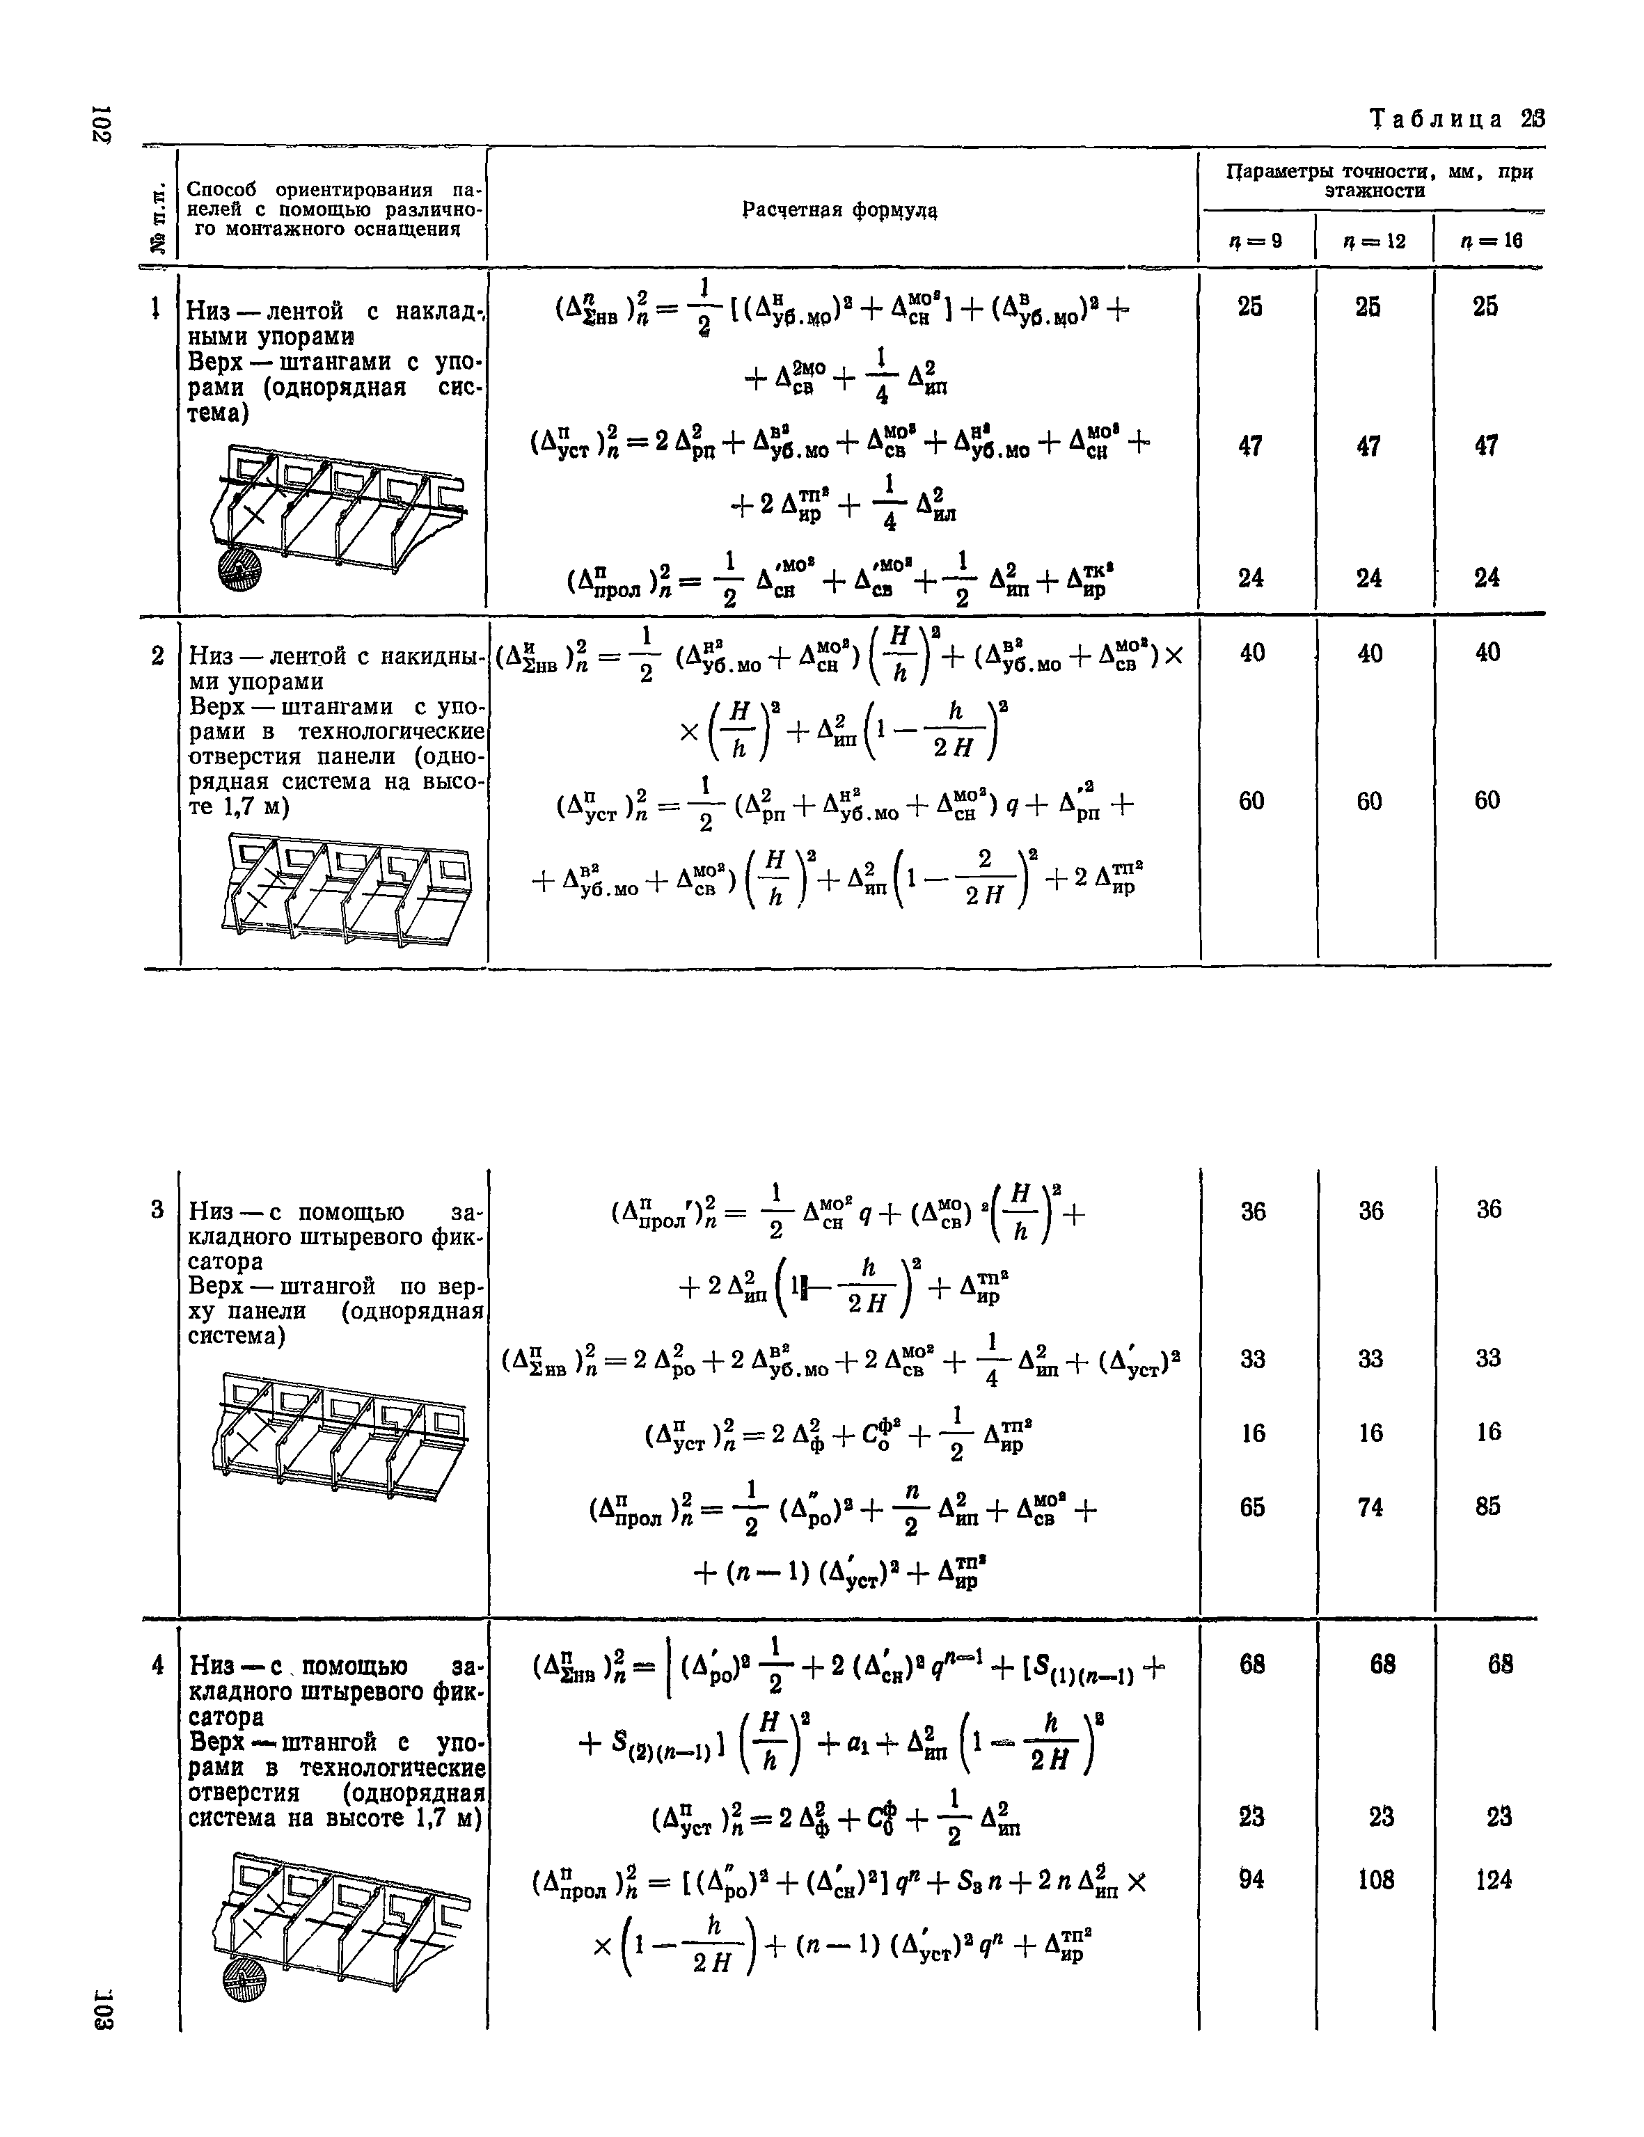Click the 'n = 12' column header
[x=1375, y=240]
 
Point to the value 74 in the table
[x=1371, y=1507]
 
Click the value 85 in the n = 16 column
[x=1488, y=1506]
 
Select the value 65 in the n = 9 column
[x=1253, y=1507]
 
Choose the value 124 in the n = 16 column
[x=1493, y=1879]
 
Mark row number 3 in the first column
[x=157, y=1210]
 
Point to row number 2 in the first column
[x=157, y=656]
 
